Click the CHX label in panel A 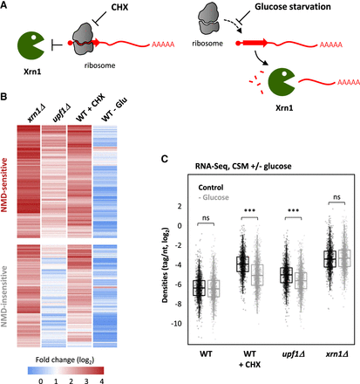tap(119, 7)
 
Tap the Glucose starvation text tap(293, 7)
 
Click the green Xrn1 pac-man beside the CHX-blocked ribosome tap(31, 45)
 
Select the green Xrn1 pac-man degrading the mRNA tap(282, 82)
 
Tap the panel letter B tap(3, 96)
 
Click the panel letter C tap(165, 159)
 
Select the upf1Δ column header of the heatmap tap(62, 113)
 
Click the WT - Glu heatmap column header tap(114, 110)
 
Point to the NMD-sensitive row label tap(4, 185)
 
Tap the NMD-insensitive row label tap(4, 296)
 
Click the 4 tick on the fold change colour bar tap(102, 381)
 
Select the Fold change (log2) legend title tap(65, 360)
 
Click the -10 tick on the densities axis tap(176, 324)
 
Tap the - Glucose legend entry tap(214, 197)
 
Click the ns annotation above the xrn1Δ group tap(336, 197)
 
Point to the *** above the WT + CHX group tap(249, 210)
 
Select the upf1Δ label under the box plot tap(293, 354)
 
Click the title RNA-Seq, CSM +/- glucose tap(243, 167)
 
